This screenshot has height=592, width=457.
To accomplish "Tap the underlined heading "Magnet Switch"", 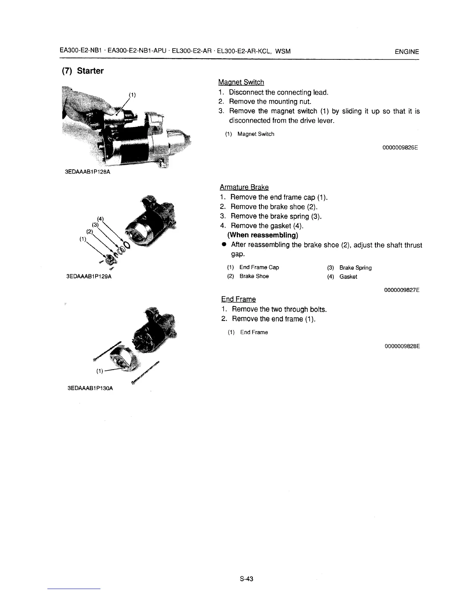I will pos(241,82).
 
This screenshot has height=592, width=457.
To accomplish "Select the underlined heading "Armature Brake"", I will pos(244,187).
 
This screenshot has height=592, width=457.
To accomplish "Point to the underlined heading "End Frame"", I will pos(239,299).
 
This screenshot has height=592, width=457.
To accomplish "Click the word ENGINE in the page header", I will pos(407,52).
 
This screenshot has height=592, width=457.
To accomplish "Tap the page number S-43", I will pos(247,579).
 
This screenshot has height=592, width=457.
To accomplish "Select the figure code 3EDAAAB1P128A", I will pos(88,172).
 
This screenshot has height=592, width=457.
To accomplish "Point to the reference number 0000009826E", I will pos(400,147).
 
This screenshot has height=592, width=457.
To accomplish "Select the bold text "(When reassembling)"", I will pos(262,235).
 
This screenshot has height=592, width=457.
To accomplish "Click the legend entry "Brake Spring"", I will pos(355,268).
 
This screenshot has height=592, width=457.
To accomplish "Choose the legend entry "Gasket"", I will pos(348,277).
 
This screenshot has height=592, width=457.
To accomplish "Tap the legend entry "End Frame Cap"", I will pos(259,267).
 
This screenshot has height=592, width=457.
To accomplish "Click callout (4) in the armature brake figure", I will pos(100,219).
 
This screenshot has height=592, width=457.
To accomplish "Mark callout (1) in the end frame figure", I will pos(99,371).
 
